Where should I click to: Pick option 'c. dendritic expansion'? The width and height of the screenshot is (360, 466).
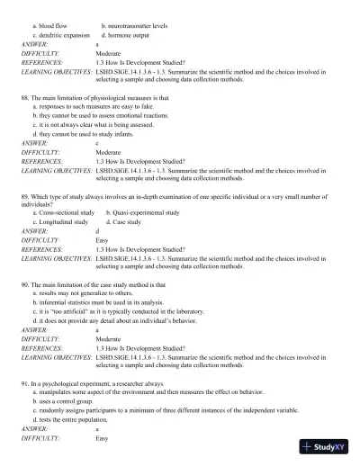(61, 34)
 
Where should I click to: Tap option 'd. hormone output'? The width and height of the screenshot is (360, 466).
(130, 34)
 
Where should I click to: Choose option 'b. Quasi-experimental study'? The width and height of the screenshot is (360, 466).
(142, 212)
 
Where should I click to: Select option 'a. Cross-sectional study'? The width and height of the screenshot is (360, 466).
(64, 212)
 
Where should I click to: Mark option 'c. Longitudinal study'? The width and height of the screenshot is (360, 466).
(61, 221)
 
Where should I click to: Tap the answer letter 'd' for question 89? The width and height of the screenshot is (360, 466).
(97, 231)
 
